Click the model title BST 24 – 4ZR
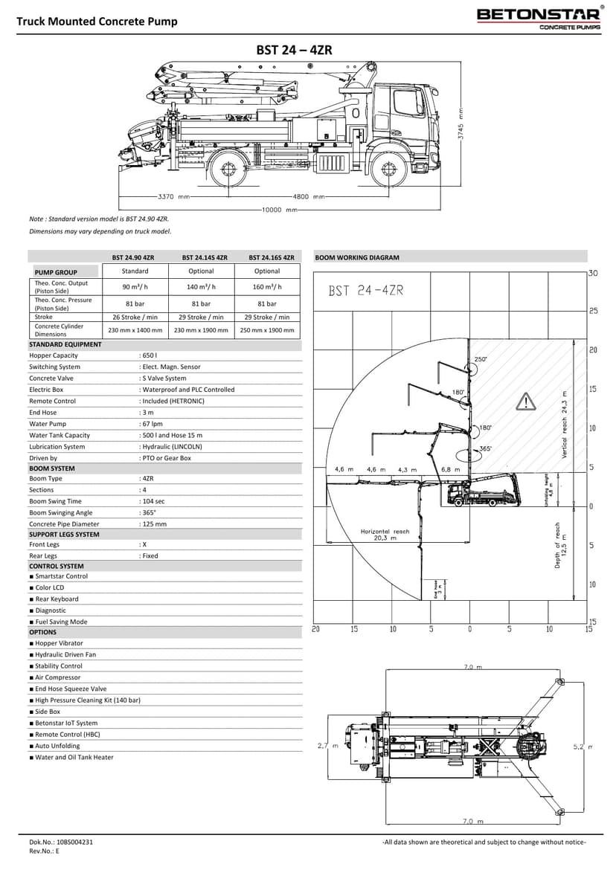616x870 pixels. (294, 50)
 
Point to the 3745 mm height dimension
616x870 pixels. (461, 126)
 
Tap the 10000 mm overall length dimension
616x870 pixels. (279, 210)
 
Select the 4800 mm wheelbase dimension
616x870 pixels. (309, 197)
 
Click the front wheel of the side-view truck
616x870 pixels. (390, 172)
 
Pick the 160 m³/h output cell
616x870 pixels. (267, 287)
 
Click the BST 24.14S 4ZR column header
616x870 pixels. (201, 257)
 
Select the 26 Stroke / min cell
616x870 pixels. (135, 317)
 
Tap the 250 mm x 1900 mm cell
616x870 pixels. (267, 329)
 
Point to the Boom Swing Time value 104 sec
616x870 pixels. (153, 501)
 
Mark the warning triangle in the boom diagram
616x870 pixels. (526, 402)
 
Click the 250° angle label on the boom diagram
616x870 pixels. (481, 359)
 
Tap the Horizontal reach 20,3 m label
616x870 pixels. (385, 535)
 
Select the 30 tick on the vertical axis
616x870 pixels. (593, 273)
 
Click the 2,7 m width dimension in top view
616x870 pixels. (327, 745)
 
